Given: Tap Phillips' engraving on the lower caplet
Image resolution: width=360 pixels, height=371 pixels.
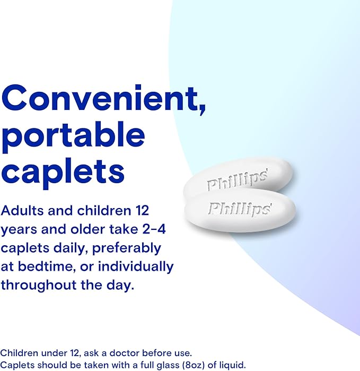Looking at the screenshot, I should [240, 208].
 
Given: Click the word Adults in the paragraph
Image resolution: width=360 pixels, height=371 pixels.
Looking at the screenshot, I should [21, 210].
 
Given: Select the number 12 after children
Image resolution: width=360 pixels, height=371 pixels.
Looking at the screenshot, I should [136, 210].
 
